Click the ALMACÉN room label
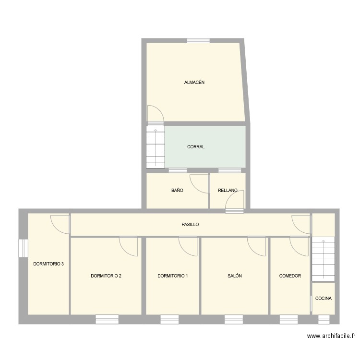coord(194,83)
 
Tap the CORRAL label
coord(196,147)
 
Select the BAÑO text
coord(177,191)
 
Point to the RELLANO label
coord(228,191)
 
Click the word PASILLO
coord(190,224)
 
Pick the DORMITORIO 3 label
coord(48,264)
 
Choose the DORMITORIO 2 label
coord(106,276)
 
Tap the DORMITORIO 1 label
coord(173,276)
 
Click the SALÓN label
coord(235,276)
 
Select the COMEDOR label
coord(290,276)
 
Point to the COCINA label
coord(324,299)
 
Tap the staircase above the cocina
coord(323,260)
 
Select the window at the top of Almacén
coord(198,40)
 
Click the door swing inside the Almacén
coord(155,113)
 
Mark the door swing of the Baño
coord(199,183)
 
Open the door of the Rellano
coord(236,200)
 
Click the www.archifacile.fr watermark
coord(331,336)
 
